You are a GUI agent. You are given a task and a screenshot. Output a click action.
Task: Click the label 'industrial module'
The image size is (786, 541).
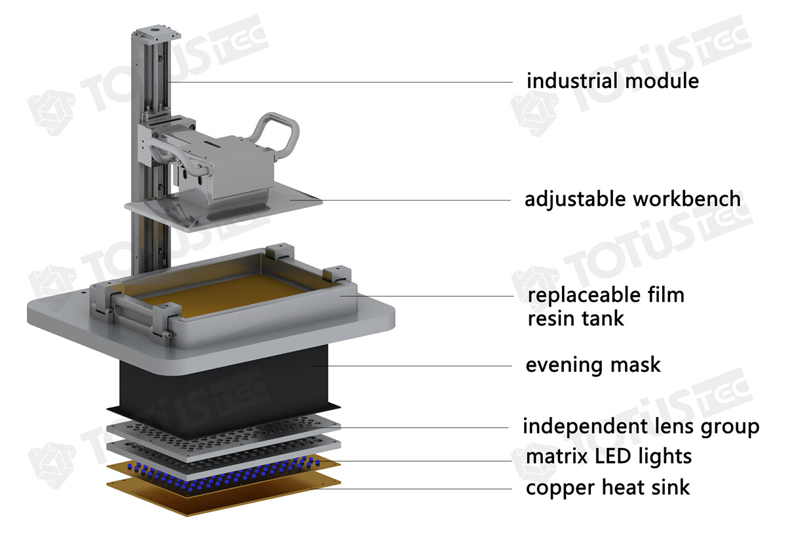pyautogui.click(x=612, y=81)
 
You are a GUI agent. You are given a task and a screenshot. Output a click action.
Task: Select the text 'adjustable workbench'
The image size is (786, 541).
pyautogui.click(x=632, y=199)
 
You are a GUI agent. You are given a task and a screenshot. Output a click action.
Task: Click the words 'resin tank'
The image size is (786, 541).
pyautogui.click(x=576, y=319)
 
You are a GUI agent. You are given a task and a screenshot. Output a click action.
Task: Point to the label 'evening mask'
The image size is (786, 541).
pyautogui.click(x=593, y=365)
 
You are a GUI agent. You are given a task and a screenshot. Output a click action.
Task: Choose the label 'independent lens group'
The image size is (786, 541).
pyautogui.click(x=641, y=426)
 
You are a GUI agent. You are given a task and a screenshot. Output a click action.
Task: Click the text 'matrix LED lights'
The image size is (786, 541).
pyautogui.click(x=608, y=455)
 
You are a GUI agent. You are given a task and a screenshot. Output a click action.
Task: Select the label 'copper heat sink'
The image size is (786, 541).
pyautogui.click(x=608, y=487)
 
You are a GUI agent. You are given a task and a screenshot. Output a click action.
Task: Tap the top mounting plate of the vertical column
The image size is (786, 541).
pyautogui.click(x=156, y=31)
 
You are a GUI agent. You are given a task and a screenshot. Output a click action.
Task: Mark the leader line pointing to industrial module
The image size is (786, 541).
pyautogui.click(x=341, y=82)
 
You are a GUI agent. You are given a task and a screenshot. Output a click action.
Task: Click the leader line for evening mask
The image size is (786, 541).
pyautogui.click(x=419, y=365)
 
